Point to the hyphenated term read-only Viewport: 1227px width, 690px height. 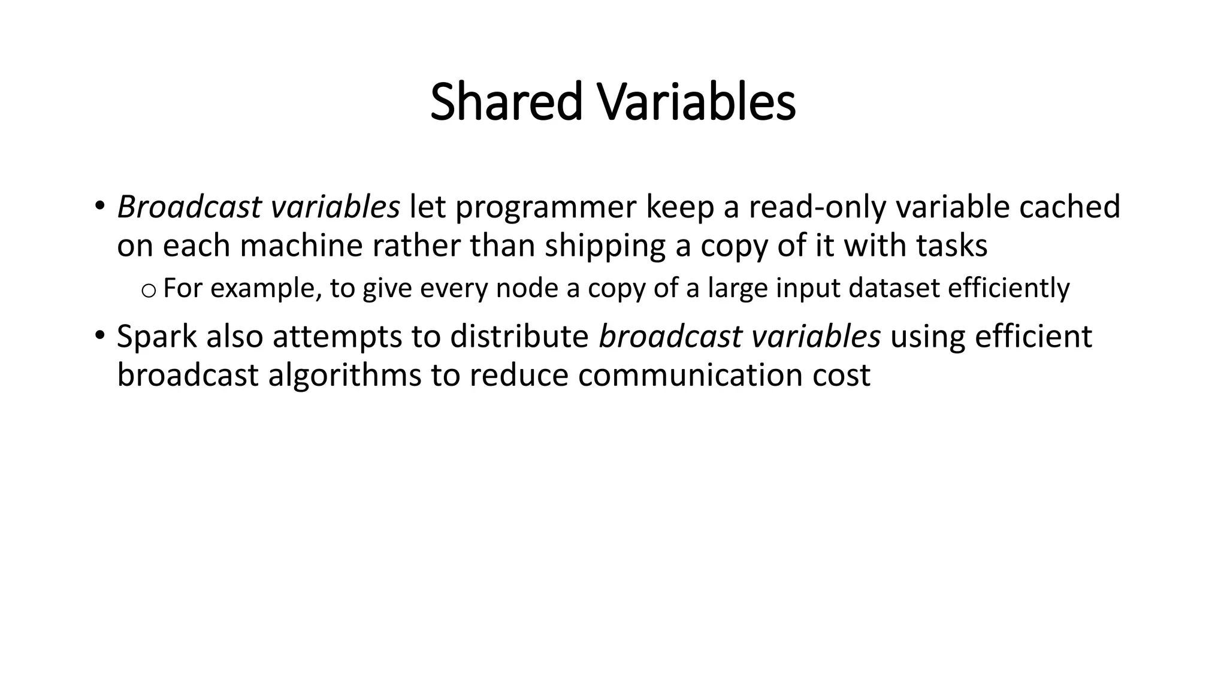pos(817,208)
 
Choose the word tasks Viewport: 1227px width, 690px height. pos(951,246)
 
